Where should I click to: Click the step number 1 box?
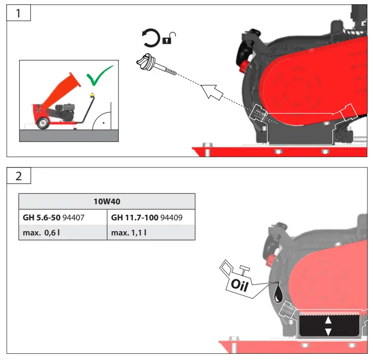coord(18,13)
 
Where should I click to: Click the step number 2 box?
coord(18,176)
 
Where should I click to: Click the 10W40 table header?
coord(107,201)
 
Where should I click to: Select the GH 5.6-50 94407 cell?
coord(63,218)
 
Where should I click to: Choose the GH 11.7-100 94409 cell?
coord(151,218)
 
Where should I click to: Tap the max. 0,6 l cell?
coord(63,233)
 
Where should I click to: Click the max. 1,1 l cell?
coord(151,233)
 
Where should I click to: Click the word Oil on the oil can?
coord(240,284)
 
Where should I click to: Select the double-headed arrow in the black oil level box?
coord(329,326)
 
